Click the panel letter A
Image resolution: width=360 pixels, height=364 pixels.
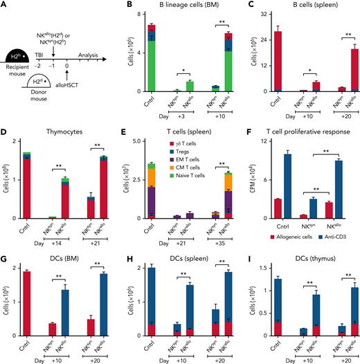coord(5,6)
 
